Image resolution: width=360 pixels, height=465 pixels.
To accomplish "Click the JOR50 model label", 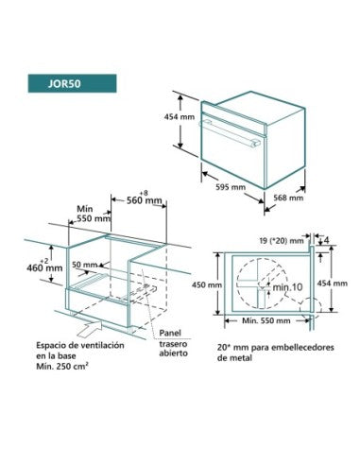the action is pos(64,84).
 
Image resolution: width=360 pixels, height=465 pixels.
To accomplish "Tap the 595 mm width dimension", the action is pos(231,187).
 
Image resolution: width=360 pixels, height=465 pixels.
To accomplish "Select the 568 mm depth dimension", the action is pos(288,198).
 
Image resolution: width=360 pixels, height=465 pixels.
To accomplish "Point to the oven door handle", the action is pos(230,134).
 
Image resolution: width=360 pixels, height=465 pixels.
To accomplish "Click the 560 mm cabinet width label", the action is pos(145,200).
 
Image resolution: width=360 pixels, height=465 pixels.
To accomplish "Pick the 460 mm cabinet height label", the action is pos(44,268).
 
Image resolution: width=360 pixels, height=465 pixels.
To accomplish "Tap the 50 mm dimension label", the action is pos(85,265).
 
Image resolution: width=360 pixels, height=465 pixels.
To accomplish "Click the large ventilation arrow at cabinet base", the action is pos(90,328).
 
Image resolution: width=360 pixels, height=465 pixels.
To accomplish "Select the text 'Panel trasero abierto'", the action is pos(173,343).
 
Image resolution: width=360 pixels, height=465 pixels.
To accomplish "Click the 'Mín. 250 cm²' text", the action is pos(62,367).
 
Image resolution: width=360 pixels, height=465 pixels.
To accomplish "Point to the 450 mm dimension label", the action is pos(207,284).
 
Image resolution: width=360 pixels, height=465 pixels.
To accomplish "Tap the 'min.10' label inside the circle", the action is pos(287,287).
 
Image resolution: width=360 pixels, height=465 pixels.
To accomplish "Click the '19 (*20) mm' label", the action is pos(282,241).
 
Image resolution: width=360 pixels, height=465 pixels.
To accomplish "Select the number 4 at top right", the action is pos(326,240).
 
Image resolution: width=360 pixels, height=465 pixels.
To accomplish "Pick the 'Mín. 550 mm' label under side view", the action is pos(266,320).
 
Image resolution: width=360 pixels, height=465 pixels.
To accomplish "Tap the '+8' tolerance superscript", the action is pos(144,193).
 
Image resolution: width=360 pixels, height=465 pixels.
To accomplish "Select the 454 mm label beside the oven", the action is pos(180,116).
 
